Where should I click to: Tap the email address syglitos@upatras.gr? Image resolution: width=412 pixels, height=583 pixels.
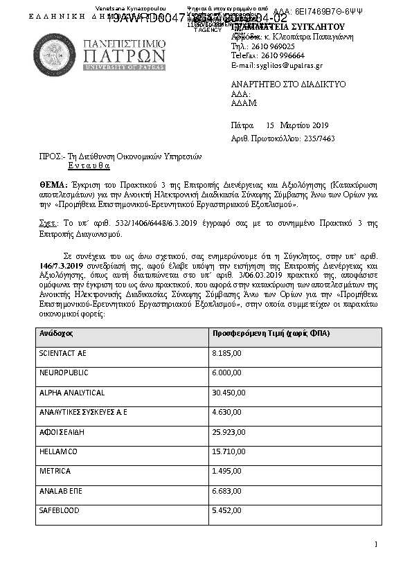point(285,66)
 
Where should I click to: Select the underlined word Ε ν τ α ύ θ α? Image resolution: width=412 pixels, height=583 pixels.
point(89,166)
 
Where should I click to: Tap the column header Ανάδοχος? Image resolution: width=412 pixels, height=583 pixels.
point(56,334)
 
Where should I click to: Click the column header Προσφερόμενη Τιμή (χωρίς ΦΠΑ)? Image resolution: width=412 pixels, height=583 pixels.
point(271,334)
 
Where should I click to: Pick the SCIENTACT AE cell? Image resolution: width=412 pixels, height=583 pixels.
point(63,353)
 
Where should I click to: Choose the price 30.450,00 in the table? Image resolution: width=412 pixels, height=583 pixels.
point(228,393)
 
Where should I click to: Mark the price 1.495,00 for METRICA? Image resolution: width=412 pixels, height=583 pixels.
point(226,471)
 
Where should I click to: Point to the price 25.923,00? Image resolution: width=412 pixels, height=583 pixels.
point(228,432)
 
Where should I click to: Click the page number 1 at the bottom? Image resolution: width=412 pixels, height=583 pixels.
point(375,545)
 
